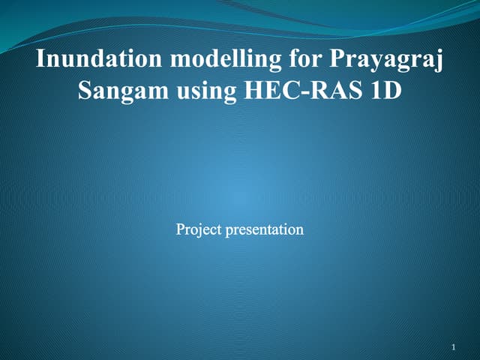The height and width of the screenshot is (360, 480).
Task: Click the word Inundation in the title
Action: [x=85, y=59]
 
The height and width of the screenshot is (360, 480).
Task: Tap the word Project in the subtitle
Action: [x=199, y=229]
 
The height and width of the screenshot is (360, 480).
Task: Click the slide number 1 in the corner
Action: [x=454, y=347]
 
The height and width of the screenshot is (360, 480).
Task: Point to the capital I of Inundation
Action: [x=41, y=59]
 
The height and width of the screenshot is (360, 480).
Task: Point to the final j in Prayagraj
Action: [x=439, y=61]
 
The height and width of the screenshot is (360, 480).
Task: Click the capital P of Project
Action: [x=180, y=229]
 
